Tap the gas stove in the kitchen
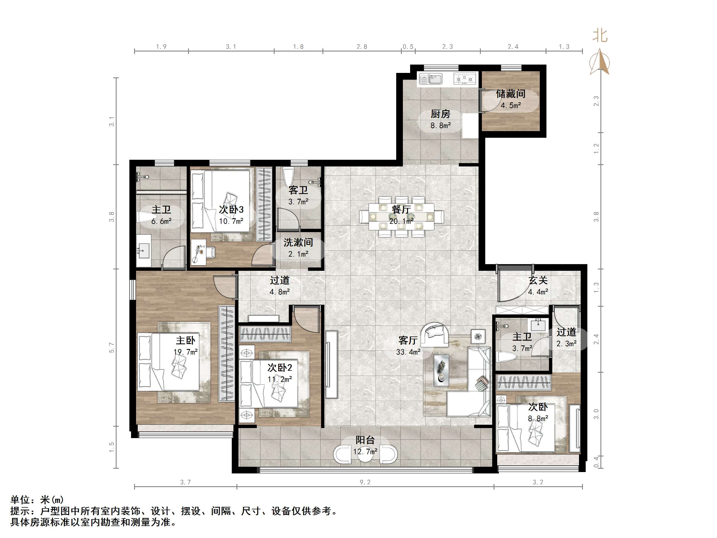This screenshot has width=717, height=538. [464, 79]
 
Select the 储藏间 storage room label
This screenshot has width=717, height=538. [511, 94]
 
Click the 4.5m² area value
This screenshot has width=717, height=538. [511, 105]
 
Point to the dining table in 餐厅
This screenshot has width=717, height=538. [401, 216]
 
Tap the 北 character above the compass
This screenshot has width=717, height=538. [600, 35]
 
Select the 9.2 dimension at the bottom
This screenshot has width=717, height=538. [365, 482]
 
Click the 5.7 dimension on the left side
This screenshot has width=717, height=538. [112, 348]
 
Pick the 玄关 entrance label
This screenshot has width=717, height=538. [538, 281]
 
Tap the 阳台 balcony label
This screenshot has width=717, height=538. [365, 440]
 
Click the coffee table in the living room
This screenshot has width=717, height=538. [442, 370]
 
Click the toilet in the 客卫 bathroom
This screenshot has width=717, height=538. [288, 177]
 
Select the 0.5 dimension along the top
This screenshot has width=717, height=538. [408, 47]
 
